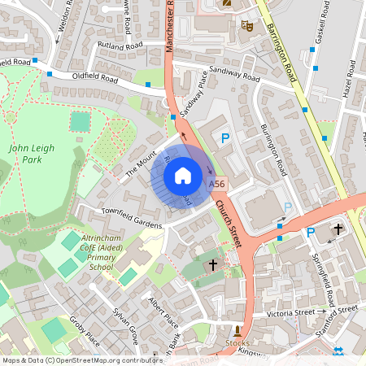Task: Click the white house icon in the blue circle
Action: click(x=182, y=175)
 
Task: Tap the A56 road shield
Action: click(x=216, y=185)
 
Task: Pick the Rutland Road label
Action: click(x=120, y=43)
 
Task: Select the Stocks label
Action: click(x=237, y=343)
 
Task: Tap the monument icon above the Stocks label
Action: click(x=237, y=331)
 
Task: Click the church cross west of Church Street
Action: click(x=213, y=265)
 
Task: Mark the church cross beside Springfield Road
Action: click(x=338, y=232)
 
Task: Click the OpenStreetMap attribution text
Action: click(x=81, y=359)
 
